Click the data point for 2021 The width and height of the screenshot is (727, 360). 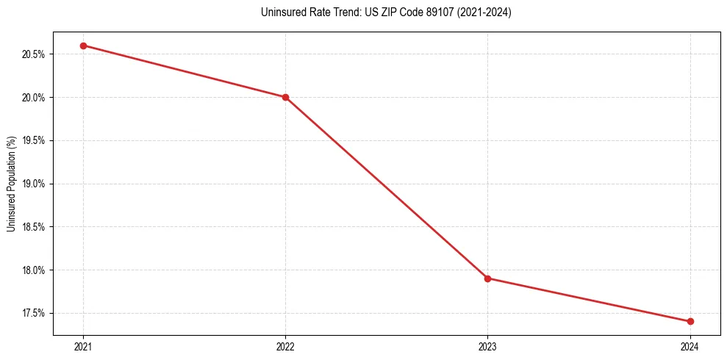pos(83,46)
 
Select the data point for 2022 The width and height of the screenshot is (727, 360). pos(285,97)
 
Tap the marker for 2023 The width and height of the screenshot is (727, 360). pos(487,278)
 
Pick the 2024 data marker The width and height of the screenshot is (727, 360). pos(690,321)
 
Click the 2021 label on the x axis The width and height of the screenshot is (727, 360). pos(83,346)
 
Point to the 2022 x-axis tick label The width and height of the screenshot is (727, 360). pos(285,346)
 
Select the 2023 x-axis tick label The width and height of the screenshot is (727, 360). pos(487,346)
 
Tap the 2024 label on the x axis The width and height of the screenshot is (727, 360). pos(690,346)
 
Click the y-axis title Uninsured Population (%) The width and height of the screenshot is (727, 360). pos(11,184)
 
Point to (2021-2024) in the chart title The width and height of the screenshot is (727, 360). pos(484,12)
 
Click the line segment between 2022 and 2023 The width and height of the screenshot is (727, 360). pos(386,187)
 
